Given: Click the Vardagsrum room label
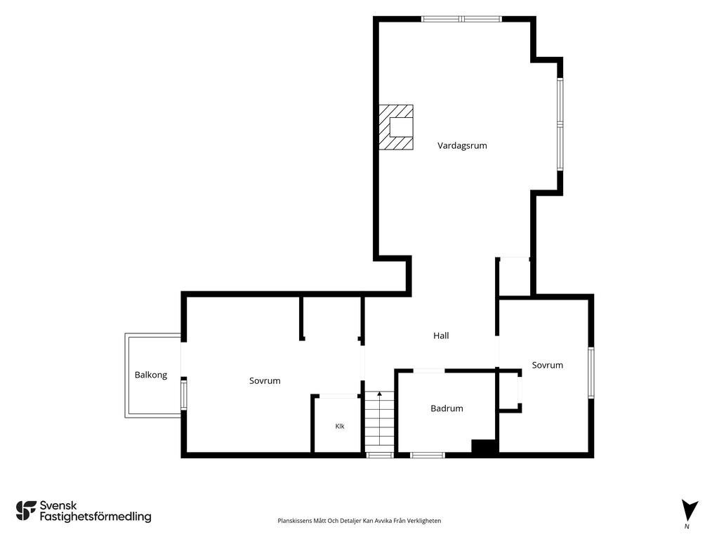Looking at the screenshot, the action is point(462,146).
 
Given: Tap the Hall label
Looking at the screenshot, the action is point(441,335).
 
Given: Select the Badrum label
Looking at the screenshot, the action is point(447,408).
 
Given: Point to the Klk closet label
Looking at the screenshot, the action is point(340,426).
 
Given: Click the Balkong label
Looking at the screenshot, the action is point(151,375).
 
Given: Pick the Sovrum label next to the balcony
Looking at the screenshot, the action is point(265,381).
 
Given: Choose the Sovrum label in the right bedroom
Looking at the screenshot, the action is point(548,365).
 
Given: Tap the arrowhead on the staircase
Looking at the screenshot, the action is point(379,393).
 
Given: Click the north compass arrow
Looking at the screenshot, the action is point(689,511).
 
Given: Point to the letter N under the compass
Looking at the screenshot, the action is point(687,526).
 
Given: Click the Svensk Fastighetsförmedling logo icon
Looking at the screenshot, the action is point(26,511).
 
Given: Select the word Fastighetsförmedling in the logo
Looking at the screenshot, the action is point(95,517).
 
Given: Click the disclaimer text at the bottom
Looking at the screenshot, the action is point(359,521).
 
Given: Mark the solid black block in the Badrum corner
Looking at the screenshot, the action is point(484,447).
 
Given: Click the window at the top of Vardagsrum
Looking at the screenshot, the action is point(461,19).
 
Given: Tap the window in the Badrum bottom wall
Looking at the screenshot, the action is point(428,455).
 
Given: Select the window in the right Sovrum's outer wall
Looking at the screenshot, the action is point(591,373).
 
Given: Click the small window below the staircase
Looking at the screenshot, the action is point(379,455).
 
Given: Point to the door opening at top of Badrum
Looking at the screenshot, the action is point(429,371).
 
